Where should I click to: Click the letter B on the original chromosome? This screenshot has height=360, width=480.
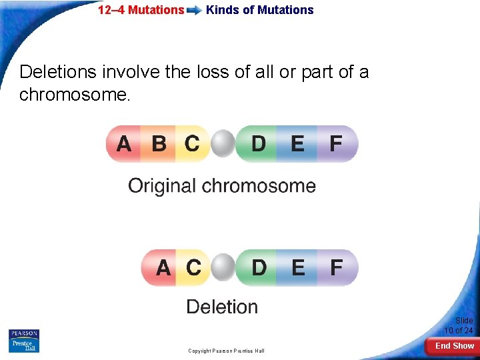(x=159, y=143)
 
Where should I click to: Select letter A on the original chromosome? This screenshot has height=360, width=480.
(x=124, y=143)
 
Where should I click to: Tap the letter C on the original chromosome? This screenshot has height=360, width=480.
(x=192, y=143)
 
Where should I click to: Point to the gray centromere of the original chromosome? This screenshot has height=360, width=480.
(x=223, y=143)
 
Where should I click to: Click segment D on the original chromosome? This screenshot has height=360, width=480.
(x=258, y=143)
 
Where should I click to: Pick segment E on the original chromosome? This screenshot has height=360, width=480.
(x=297, y=143)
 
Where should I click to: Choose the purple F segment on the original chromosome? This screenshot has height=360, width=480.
(x=337, y=143)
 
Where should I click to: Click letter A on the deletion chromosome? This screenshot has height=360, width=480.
(x=163, y=268)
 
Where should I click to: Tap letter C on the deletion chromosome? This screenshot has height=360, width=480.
(x=193, y=268)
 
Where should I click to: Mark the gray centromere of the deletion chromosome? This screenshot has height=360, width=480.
(x=223, y=268)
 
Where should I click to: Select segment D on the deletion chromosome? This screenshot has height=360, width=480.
(x=259, y=268)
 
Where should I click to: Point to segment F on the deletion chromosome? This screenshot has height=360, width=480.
(x=337, y=268)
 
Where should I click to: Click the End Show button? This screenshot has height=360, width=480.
(x=454, y=345)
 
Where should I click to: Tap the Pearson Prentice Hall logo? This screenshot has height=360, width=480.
(x=24, y=341)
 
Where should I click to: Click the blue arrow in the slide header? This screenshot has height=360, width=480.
(x=195, y=11)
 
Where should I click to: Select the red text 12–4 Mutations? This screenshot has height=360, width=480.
(x=141, y=10)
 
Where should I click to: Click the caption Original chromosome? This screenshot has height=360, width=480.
(x=222, y=185)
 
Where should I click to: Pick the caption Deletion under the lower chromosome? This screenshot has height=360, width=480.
(x=222, y=307)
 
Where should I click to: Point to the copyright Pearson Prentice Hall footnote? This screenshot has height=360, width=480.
(x=226, y=351)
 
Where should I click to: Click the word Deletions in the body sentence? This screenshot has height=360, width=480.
(x=57, y=72)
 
